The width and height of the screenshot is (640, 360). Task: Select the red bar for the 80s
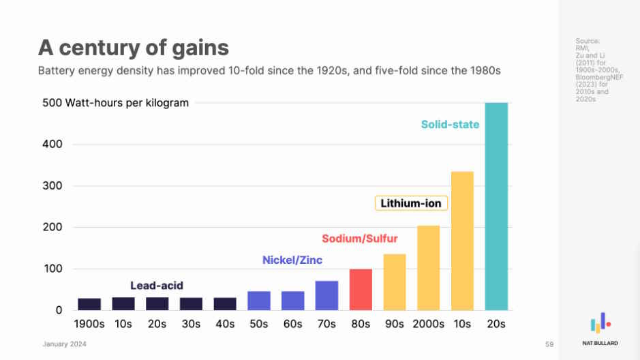[361, 290]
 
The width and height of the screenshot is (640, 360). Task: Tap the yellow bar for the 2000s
[428, 268]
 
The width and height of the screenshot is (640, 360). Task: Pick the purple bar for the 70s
[326, 295]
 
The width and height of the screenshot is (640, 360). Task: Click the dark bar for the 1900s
[89, 304]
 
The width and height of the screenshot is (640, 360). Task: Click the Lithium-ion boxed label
[410, 203]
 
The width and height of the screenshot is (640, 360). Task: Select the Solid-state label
[450, 125]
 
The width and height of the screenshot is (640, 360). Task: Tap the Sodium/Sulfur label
[359, 239]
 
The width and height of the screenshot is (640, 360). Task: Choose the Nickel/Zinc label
[292, 260]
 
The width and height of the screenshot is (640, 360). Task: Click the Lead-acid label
[157, 286]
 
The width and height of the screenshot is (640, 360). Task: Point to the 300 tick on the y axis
[57, 186]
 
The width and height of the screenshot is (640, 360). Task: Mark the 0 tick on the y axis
[59, 310]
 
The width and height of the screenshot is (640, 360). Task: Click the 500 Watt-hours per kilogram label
[115, 103]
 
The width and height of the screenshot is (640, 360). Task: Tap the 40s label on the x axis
[225, 324]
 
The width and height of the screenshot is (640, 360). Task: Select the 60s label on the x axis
[292, 324]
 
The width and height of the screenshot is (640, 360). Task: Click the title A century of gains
[133, 47]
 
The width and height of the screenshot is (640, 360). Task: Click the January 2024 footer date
[65, 344]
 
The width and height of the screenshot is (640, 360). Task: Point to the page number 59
[549, 344]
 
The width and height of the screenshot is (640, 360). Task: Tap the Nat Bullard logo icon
[600, 323]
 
